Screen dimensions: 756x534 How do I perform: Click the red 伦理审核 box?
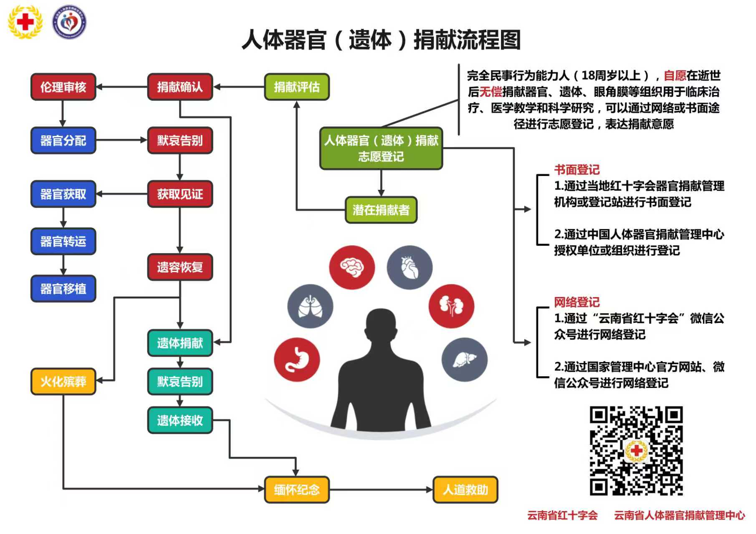coord(63,87)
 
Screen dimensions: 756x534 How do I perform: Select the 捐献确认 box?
coord(180,87)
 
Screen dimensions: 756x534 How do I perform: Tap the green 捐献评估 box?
coord(297,87)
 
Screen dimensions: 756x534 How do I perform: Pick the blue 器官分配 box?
coord(63,140)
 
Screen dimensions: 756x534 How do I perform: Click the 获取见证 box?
coord(180,194)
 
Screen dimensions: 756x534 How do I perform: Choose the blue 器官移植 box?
coord(63,288)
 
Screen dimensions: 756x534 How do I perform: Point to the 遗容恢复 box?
coord(180,267)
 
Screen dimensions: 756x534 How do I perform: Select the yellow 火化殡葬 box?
coord(63,381)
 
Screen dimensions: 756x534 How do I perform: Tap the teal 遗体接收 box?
coord(180,420)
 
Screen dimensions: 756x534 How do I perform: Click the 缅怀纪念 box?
coord(297,489)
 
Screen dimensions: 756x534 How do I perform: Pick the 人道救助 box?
coord(465,489)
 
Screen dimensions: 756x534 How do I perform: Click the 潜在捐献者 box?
coord(381,210)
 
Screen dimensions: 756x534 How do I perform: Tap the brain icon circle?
coord(352,267)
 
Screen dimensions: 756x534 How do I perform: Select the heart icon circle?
coord(410,267)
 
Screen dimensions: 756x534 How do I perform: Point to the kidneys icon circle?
coord(451,307)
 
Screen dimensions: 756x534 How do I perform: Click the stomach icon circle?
coord(297,360)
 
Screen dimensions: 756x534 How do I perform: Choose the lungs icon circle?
coord(310,307)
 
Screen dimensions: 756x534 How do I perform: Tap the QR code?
coord(636,451)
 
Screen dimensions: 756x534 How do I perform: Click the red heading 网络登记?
coord(576,302)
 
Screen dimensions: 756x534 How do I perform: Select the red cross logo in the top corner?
coord(25,22)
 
